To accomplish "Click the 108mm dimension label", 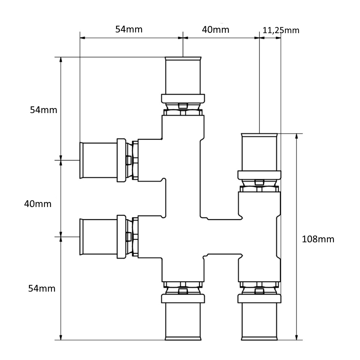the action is point(318,239).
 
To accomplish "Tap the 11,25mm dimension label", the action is point(281,30).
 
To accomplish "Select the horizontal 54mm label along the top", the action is point(129,30).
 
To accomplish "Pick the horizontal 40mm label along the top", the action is point(216,30).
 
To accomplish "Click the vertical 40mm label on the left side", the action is point(38,204).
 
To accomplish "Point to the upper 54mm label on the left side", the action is point(44,110).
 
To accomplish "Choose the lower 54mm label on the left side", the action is point(42,288).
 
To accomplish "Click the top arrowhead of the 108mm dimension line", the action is point(296,136).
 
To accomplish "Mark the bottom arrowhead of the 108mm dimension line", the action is point(296,337).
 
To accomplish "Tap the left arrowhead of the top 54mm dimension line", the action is point(83,38).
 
